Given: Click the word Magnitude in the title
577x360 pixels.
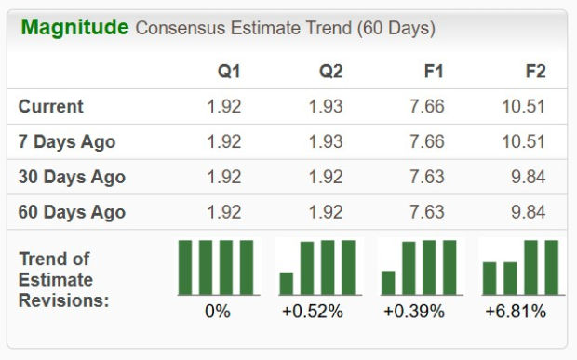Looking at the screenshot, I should (x=74, y=27).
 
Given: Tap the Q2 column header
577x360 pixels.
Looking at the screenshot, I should (x=330, y=72).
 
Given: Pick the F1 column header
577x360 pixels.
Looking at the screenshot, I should (x=433, y=72).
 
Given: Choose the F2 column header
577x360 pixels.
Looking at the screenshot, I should (x=534, y=72).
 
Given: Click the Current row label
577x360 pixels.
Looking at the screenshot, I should (x=50, y=107).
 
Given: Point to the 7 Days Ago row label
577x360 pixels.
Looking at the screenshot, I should (x=67, y=142).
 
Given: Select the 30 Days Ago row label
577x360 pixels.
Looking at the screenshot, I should (x=72, y=177).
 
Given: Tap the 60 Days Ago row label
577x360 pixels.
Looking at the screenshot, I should (x=72, y=212).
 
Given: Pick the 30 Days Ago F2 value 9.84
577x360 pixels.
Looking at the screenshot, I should (x=529, y=177).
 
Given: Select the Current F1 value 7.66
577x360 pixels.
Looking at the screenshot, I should (x=426, y=107).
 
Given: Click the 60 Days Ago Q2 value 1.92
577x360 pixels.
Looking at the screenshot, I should (x=326, y=212).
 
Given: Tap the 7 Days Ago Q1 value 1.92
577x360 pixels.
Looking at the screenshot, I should (x=223, y=142).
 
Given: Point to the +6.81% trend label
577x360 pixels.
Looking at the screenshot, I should (x=516, y=312).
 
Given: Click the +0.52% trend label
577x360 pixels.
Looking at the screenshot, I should (x=313, y=312).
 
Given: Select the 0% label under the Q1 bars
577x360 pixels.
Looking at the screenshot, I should (x=217, y=312).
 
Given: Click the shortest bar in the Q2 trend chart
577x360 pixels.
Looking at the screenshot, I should (x=287, y=283).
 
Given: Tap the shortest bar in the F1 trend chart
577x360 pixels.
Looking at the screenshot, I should (x=388, y=282).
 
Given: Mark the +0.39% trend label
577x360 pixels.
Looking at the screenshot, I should (x=415, y=312).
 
